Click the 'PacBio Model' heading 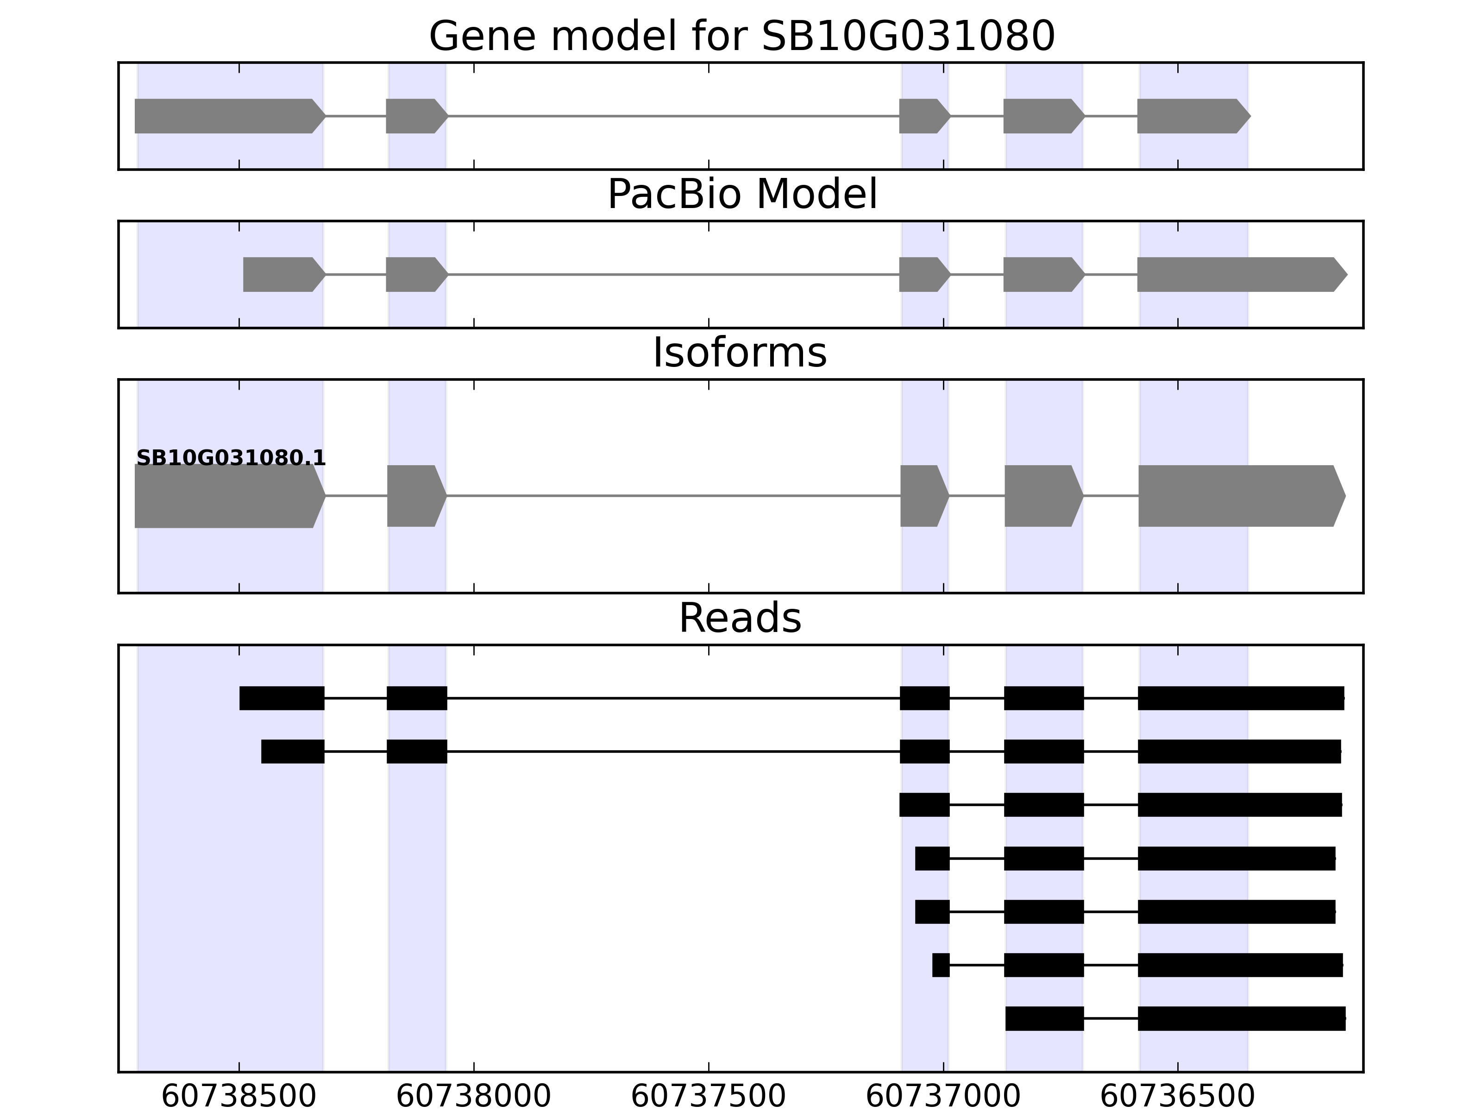[x=741, y=195]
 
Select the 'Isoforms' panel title [x=740, y=353]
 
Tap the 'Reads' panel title [x=740, y=618]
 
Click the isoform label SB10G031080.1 [x=231, y=458]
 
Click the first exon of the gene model [x=231, y=116]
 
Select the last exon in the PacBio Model [x=1242, y=274]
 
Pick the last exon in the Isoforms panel [x=1242, y=496]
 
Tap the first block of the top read [x=282, y=698]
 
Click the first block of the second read [x=293, y=752]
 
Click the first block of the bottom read [x=1044, y=1018]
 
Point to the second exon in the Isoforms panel [x=417, y=496]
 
